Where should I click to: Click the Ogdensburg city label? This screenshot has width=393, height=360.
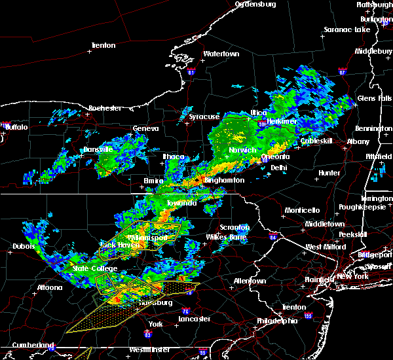pyautogui.click(x=255, y=4)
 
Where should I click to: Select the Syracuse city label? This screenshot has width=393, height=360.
pyautogui.click(x=204, y=117)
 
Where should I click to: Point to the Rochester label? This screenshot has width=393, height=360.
pyautogui.click(x=105, y=108)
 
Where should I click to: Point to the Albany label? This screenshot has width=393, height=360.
pyautogui.click(x=358, y=141)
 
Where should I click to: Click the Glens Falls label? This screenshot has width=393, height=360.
pyautogui.click(x=375, y=98)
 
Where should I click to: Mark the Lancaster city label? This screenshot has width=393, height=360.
pyautogui.click(x=194, y=319)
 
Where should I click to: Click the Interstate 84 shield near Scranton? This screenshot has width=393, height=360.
pyautogui.click(x=272, y=236)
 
